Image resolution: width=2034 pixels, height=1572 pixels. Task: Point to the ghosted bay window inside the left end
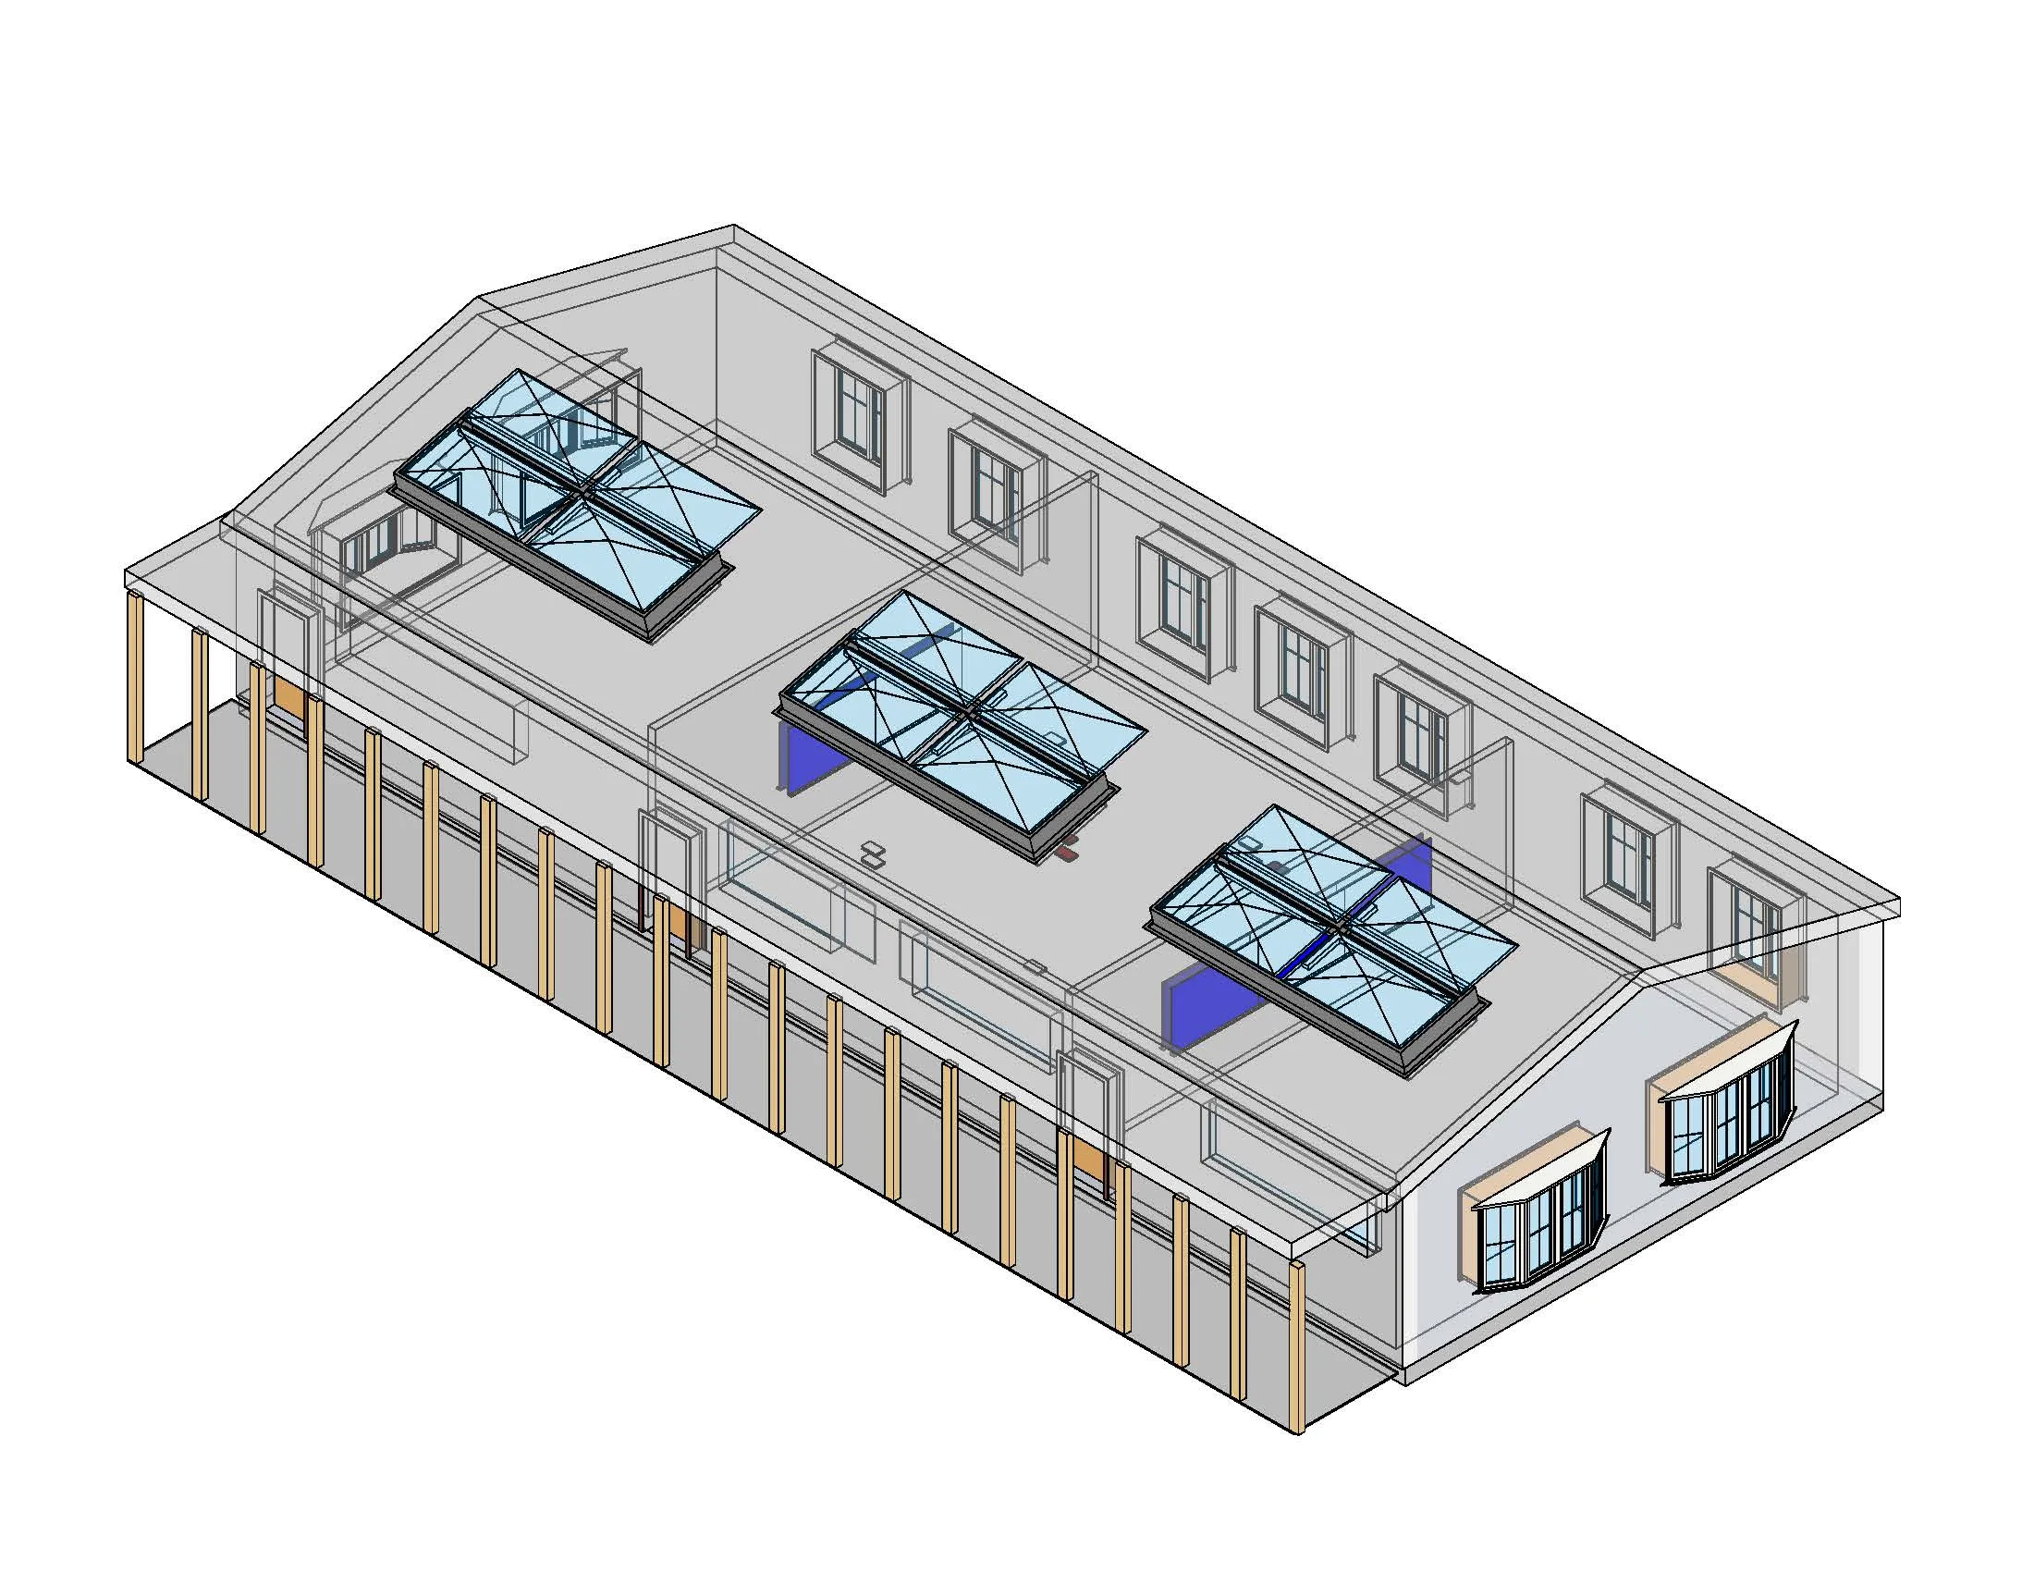coord(391,549)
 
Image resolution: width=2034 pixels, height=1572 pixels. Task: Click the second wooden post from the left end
coord(200,713)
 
